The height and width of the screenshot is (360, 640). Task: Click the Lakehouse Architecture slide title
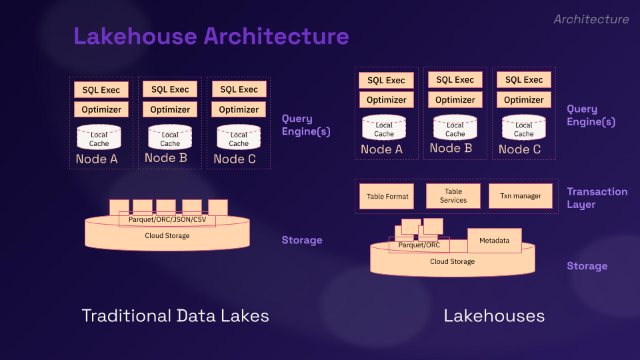[x=211, y=36]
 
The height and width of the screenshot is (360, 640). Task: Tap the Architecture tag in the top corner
[x=591, y=19]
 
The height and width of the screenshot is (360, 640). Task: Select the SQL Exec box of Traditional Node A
[x=101, y=90]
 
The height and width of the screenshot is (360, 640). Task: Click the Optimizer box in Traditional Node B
[x=170, y=109]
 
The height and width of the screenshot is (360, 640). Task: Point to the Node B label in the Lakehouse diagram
[x=451, y=149]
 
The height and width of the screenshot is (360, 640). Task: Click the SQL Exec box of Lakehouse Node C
[x=524, y=80]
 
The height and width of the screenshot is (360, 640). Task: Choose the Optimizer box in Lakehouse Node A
[x=387, y=100]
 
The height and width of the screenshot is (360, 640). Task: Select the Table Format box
[x=387, y=197]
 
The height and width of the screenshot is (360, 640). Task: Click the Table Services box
[x=453, y=196]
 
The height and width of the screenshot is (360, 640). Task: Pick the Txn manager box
[x=521, y=197]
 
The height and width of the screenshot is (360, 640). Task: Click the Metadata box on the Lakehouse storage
[x=495, y=241]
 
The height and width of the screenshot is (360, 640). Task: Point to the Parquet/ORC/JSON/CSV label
[x=167, y=219]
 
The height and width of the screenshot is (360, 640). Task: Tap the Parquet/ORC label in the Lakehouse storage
[x=419, y=245]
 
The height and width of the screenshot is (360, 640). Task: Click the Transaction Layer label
[x=597, y=197]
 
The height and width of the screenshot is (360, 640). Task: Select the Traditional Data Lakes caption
[x=175, y=315]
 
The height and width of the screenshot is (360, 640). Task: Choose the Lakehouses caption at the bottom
[x=494, y=315]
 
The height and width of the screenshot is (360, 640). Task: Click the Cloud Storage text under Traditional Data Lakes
[x=167, y=236]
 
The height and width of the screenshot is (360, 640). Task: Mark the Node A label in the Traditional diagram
[x=97, y=159]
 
